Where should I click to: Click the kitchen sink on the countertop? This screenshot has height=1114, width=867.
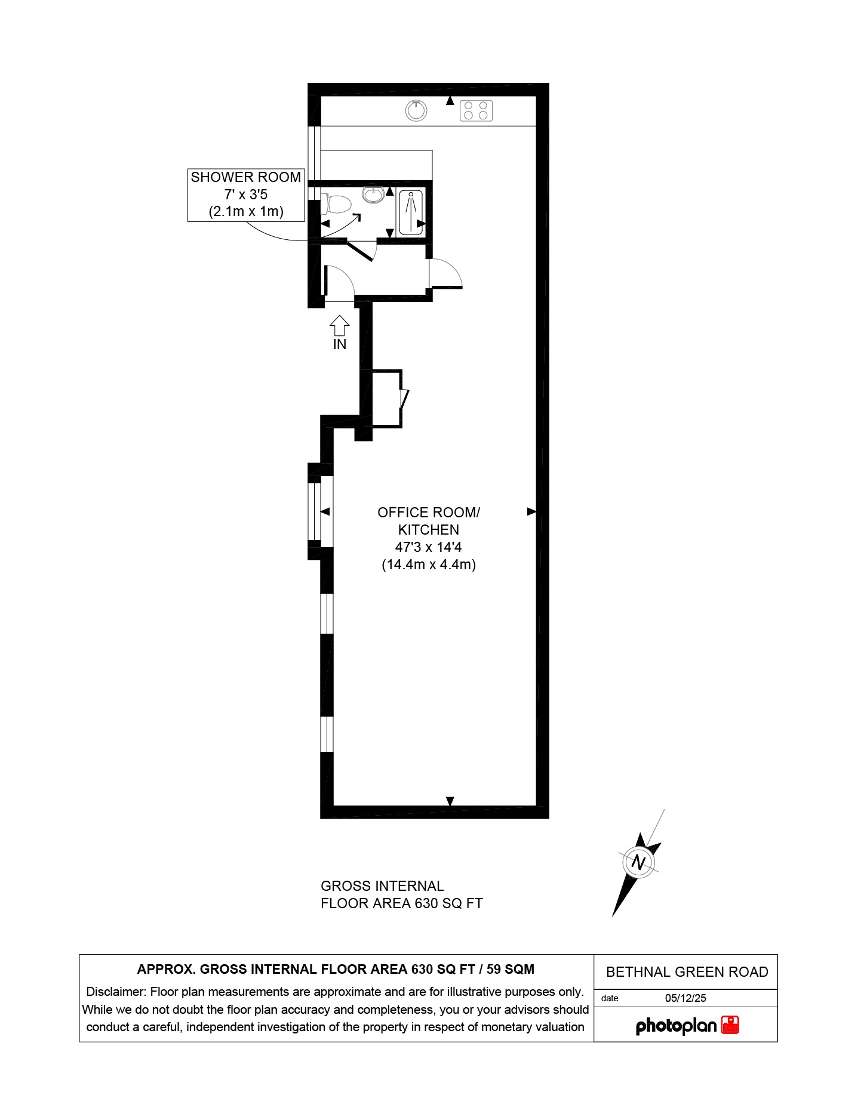click(416, 110)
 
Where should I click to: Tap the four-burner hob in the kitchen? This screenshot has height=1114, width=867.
click(476, 110)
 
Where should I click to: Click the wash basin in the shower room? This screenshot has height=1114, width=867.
click(374, 195)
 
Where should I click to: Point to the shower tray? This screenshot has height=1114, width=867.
click(411, 212)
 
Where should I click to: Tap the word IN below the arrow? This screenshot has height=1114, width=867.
click(339, 344)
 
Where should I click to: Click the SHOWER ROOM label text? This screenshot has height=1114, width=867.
click(245, 177)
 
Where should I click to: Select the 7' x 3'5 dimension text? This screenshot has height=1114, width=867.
click(245, 195)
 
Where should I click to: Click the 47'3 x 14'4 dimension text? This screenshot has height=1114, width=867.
click(428, 547)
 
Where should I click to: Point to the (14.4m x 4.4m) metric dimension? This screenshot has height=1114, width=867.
click(428, 564)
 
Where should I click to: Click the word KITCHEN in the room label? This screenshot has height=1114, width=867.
click(428, 529)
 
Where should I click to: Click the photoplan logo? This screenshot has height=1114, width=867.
click(676, 1026)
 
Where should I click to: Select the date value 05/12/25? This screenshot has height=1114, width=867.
click(685, 998)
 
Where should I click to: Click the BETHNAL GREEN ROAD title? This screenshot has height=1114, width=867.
click(687, 972)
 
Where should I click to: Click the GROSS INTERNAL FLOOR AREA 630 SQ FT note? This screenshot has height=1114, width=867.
click(401, 894)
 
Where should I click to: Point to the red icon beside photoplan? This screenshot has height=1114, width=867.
click(730, 1025)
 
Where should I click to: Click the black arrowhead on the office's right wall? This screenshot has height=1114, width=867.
click(531, 511)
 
